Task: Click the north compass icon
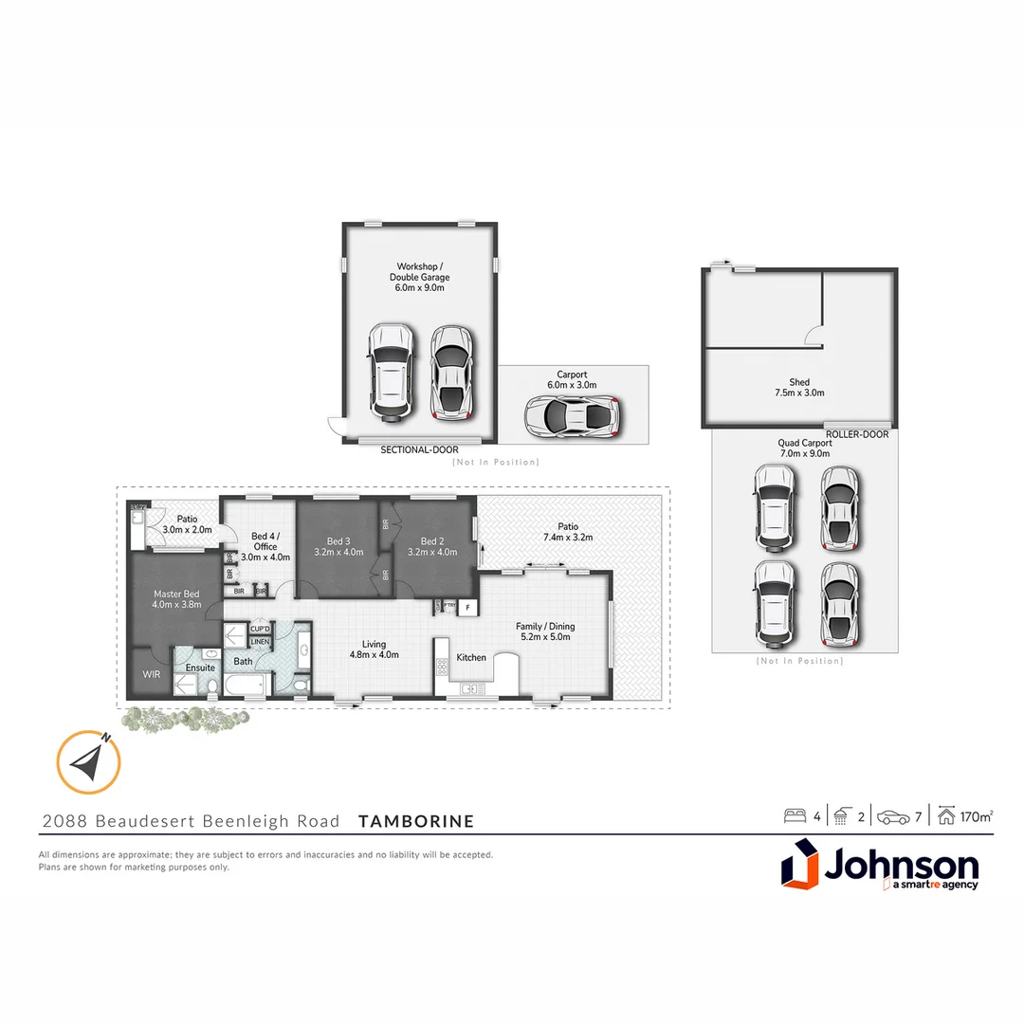click(x=88, y=761)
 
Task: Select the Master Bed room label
click(x=178, y=599)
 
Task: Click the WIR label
click(x=151, y=674)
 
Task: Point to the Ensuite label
click(x=201, y=667)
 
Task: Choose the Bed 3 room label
click(x=338, y=546)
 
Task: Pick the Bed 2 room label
click(x=432, y=546)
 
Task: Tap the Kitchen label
click(x=471, y=657)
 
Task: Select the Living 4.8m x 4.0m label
click(x=375, y=649)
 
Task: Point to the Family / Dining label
click(x=545, y=631)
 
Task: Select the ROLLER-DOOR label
click(x=857, y=434)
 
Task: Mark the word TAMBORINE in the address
click(x=416, y=821)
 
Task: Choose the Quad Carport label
click(x=804, y=448)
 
